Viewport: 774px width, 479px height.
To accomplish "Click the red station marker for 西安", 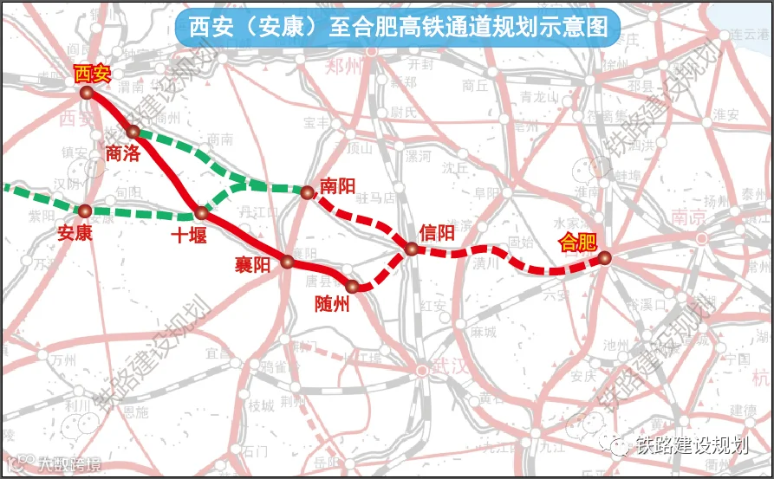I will (x=86, y=93).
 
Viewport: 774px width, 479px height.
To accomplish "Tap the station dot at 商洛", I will (x=133, y=132).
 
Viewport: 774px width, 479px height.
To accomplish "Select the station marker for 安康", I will (x=85, y=210).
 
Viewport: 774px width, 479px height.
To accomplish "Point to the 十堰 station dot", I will (x=201, y=212).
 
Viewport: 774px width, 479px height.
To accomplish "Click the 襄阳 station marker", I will (x=288, y=260).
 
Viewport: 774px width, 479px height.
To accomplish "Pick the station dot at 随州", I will (x=352, y=286).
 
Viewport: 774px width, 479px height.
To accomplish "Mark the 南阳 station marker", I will (x=306, y=192).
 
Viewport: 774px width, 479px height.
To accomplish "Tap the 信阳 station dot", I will (x=412, y=249).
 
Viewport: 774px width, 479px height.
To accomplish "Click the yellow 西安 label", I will (x=93, y=74).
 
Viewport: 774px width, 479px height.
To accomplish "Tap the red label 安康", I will (x=74, y=233).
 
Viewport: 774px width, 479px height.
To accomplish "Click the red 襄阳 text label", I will (x=252, y=265).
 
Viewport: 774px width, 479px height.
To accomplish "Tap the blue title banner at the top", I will (x=398, y=27).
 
